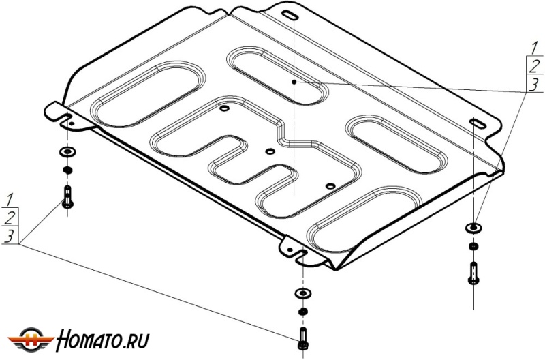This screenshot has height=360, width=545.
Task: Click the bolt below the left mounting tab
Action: (x=67, y=197)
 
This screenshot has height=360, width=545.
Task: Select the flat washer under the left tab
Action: (x=67, y=151)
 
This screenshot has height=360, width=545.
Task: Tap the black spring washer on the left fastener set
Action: (x=67, y=169)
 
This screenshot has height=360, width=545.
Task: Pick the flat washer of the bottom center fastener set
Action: (x=301, y=293)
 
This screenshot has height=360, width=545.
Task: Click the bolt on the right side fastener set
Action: (x=473, y=271)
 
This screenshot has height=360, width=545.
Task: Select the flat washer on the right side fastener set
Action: (x=473, y=227)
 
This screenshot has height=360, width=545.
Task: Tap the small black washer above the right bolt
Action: (x=473, y=246)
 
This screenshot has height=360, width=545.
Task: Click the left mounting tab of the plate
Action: (x=60, y=113)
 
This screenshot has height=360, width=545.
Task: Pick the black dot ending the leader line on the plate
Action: (x=295, y=82)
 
